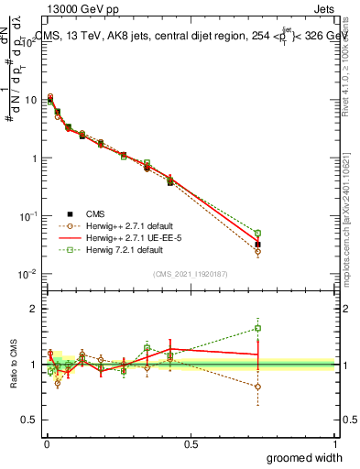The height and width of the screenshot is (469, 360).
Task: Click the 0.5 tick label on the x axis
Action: coord(191,443)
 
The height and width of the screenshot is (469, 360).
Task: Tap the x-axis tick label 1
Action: coord(335,443)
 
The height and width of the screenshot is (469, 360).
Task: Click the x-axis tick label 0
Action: coord(46,443)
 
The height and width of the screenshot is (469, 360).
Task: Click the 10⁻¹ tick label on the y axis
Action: coord(28,216)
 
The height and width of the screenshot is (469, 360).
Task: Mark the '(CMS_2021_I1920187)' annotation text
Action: coord(190,272)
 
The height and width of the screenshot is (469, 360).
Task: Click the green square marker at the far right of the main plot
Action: coord(258,234)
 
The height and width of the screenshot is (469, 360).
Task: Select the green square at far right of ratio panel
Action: coord(258,328)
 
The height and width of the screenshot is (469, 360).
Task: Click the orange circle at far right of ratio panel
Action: coord(258,387)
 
